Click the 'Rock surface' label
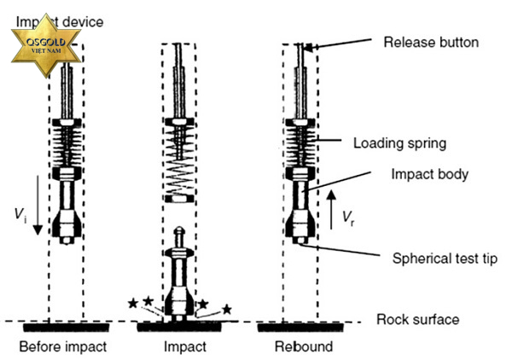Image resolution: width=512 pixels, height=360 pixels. (x=418, y=320)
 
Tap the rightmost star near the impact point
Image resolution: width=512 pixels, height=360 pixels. (x=227, y=308)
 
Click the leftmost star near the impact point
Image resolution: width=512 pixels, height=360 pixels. (x=132, y=303)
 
